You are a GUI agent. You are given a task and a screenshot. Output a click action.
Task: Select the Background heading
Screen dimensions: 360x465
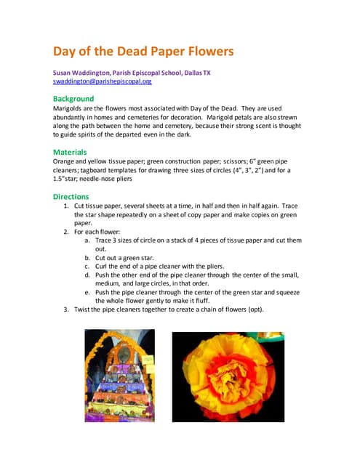pos(73,98)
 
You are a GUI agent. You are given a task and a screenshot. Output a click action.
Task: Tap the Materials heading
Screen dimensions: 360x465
pos(70,152)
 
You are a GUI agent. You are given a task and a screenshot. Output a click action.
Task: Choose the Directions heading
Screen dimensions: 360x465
pos(71,196)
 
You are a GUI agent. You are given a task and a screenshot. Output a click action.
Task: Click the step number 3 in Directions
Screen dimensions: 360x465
pos(67,310)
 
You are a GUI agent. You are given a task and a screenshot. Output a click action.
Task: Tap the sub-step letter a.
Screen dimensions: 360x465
pos(87,240)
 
